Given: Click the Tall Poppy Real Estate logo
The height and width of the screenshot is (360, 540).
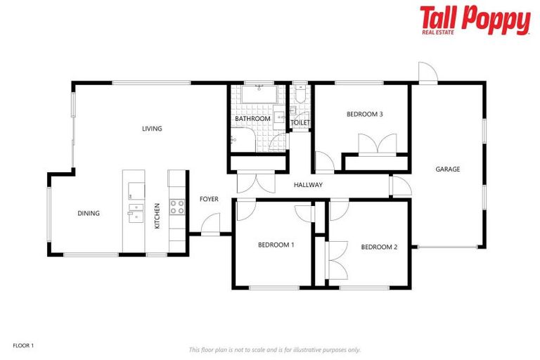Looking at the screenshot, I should pyautogui.click(x=475, y=20).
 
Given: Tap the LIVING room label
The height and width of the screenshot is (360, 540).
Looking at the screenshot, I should pyautogui.click(x=152, y=129).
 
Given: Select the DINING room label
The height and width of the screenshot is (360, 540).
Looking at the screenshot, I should pyautogui.click(x=89, y=214).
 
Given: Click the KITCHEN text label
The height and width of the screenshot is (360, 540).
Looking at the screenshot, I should pyautogui.click(x=157, y=215).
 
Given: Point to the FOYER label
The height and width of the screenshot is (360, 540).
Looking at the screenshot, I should pyautogui.click(x=209, y=199).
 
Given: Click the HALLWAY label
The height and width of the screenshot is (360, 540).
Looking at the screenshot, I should pyautogui.click(x=308, y=185).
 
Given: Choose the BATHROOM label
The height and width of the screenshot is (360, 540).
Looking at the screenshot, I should pyautogui.click(x=252, y=119).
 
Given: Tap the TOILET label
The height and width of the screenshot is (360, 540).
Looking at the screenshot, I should pyautogui.click(x=300, y=123).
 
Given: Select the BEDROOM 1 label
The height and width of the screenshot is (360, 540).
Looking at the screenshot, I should pyautogui.click(x=276, y=245).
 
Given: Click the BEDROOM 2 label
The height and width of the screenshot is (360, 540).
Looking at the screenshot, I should pyautogui.click(x=379, y=247).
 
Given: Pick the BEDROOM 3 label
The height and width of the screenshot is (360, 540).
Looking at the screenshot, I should pyautogui.click(x=364, y=114).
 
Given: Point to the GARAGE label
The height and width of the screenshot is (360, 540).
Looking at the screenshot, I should pyautogui.click(x=448, y=169).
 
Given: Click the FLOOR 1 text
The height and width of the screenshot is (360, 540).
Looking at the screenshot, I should pyautogui.click(x=23, y=345).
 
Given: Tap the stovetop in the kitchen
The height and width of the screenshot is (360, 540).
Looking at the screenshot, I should pyautogui.click(x=176, y=207).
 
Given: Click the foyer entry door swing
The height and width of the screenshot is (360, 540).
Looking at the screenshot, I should pyautogui.click(x=211, y=225).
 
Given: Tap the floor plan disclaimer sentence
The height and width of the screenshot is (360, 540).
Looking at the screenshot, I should pyautogui.click(x=274, y=349).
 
